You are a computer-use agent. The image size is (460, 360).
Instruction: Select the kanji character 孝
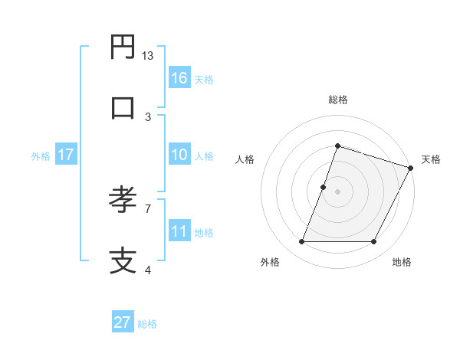click(123, 200)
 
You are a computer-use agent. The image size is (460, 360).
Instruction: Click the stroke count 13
click(148, 56)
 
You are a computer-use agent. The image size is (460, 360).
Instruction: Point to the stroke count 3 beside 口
click(148, 116)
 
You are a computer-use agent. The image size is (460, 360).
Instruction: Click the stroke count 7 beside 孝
click(148, 208)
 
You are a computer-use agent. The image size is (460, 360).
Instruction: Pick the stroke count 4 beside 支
click(148, 269)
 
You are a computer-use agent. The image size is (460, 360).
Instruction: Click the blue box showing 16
click(179, 77)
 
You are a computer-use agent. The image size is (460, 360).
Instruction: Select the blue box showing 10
click(179, 155)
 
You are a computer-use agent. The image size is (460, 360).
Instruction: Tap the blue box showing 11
click(179, 231)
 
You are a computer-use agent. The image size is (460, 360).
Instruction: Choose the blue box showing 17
click(65, 155)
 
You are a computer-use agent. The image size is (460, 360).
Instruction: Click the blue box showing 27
click(123, 322)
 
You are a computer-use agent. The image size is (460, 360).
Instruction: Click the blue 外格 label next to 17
click(41, 155)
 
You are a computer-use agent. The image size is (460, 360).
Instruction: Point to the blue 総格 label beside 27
click(147, 324)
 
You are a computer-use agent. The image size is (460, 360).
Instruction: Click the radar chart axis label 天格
click(431, 159)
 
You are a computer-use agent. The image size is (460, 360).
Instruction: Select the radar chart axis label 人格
click(245, 159)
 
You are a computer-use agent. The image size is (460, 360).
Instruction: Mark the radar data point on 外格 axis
click(302, 242)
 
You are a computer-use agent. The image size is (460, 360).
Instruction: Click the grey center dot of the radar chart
click(337, 191)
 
